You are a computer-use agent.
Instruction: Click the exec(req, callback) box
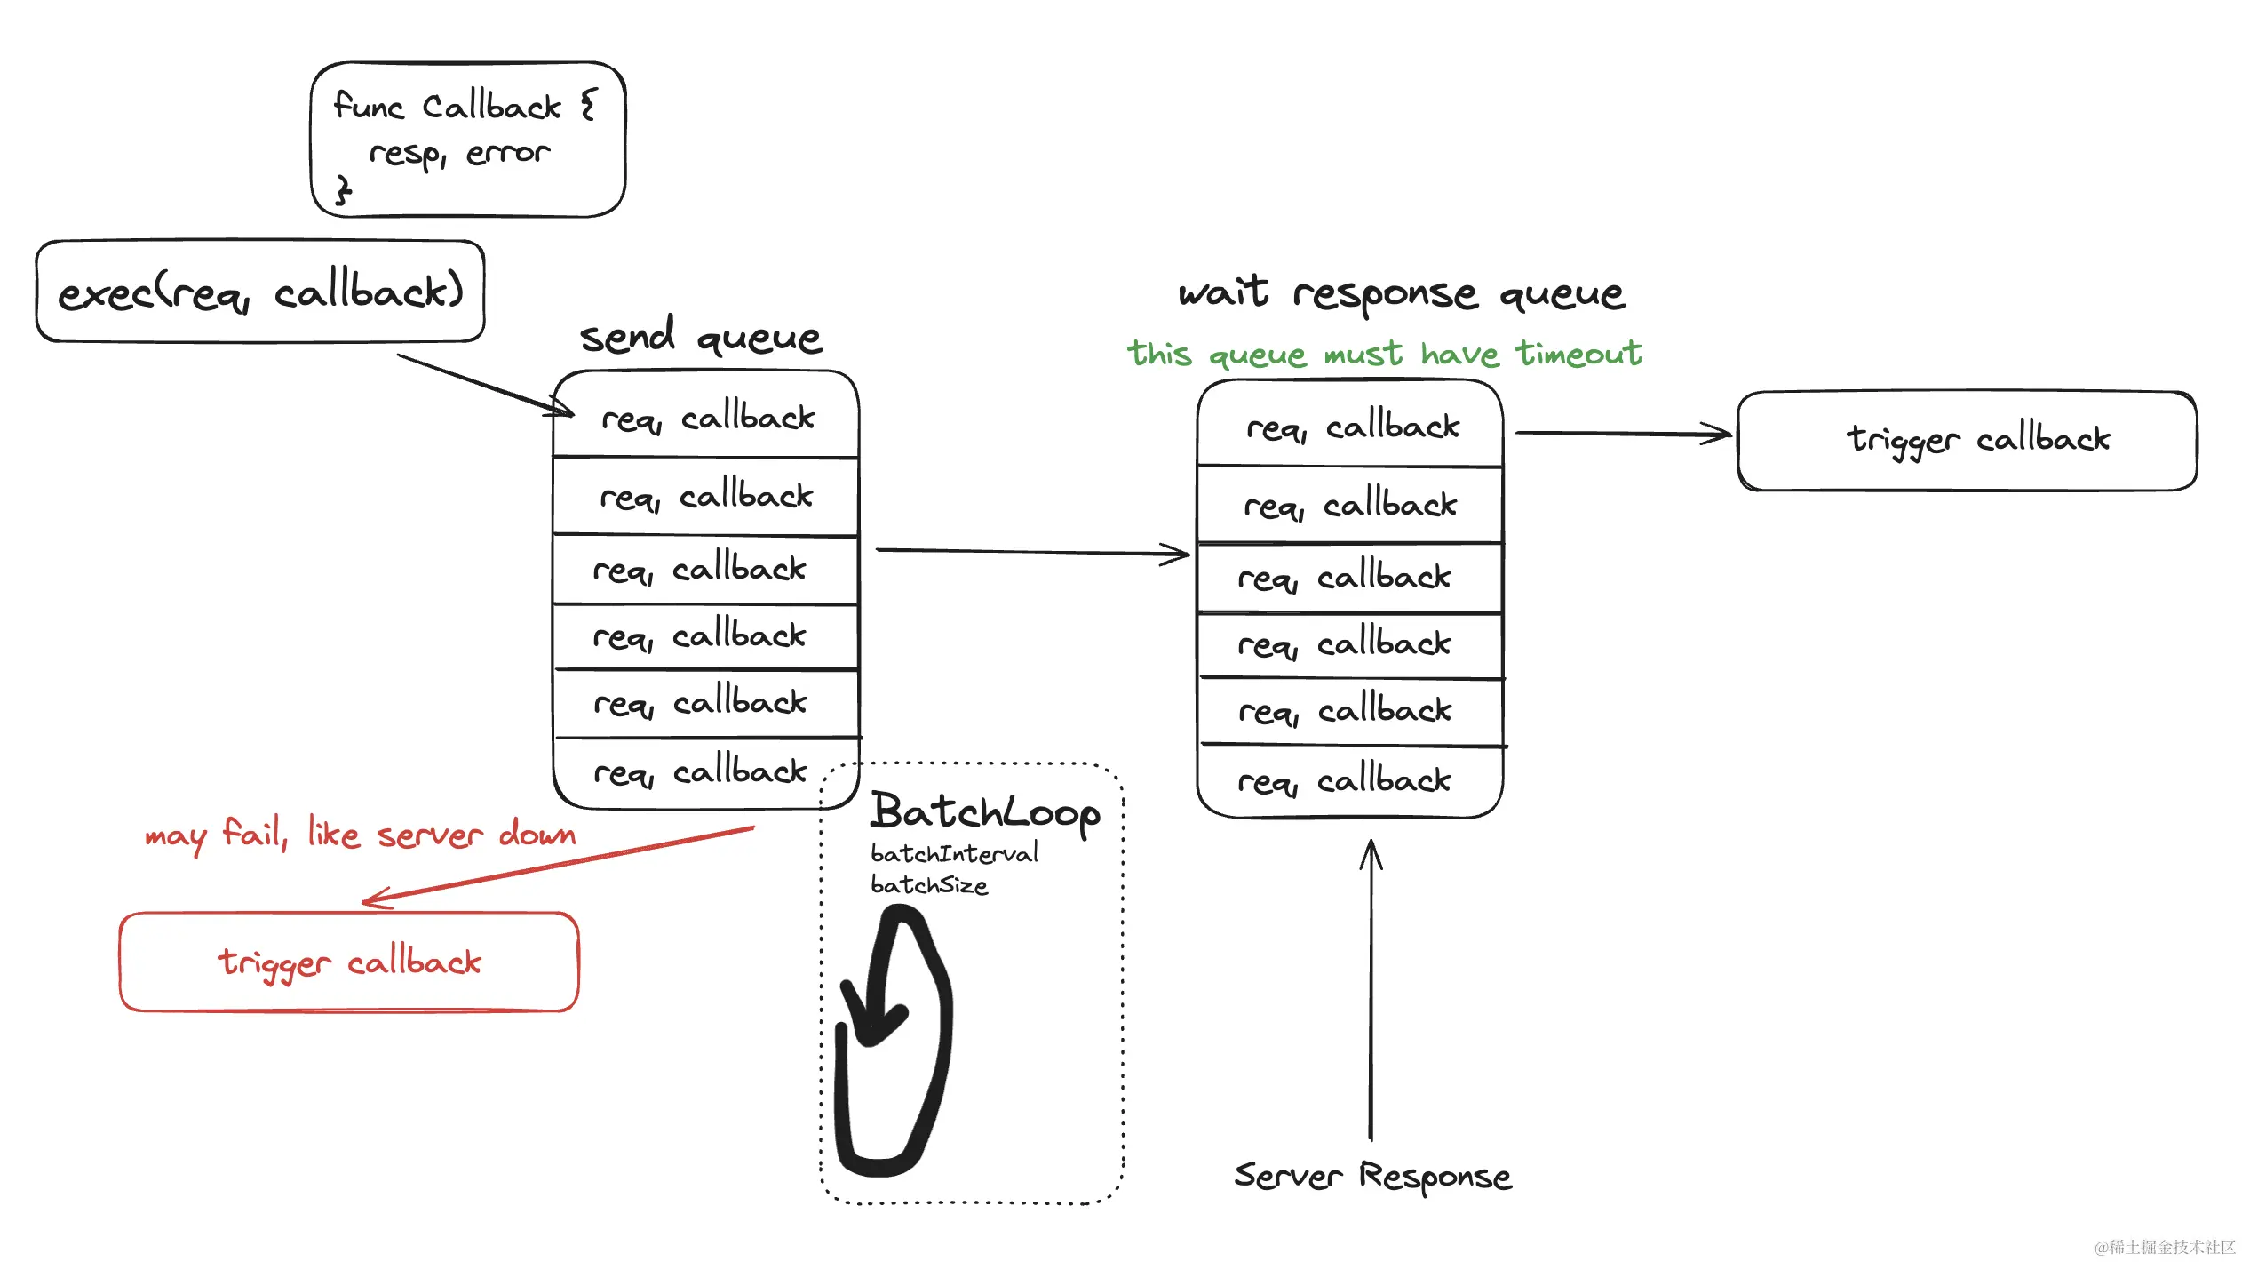point(260,292)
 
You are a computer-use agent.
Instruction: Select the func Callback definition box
point(468,140)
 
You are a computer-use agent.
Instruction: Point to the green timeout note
point(1384,355)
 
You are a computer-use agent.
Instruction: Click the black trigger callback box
point(1967,441)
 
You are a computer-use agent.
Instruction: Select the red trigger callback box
point(349,962)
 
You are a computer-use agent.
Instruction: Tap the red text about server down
point(360,835)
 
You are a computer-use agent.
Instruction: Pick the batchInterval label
point(954,854)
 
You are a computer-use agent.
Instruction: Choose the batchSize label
point(929,885)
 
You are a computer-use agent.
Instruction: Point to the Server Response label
point(1372,1176)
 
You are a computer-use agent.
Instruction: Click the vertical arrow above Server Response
point(1371,986)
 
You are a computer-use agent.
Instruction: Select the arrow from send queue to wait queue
point(1030,552)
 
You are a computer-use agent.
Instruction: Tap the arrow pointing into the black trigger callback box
point(1622,434)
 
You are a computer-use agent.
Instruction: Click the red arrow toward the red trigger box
point(560,865)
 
